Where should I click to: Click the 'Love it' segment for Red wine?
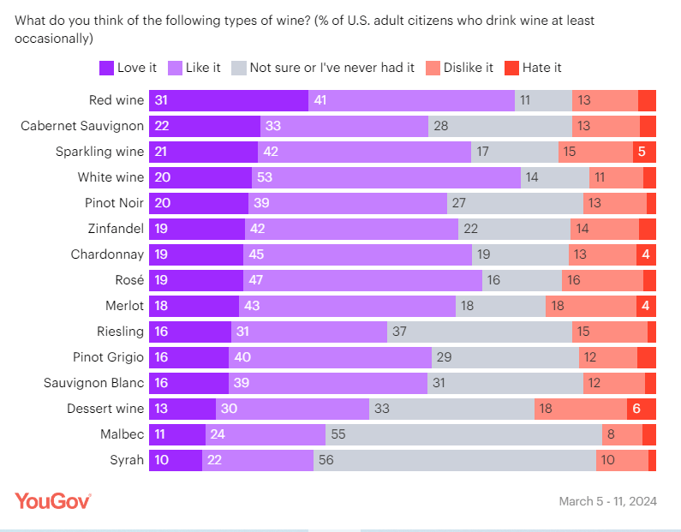click(229, 100)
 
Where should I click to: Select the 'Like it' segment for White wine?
click(386, 177)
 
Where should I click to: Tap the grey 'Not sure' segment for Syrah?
click(455, 460)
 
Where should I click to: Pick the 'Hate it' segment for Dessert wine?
click(641, 409)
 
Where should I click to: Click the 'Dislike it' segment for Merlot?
click(591, 306)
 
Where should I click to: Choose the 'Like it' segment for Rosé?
click(363, 280)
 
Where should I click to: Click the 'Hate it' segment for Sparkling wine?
click(644, 152)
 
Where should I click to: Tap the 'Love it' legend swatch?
click(106, 68)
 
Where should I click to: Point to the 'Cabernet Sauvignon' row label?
click(82, 126)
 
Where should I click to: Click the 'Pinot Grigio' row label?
click(108, 357)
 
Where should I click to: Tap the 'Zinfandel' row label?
click(116, 229)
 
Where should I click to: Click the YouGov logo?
click(53, 500)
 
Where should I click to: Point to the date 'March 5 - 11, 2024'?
click(607, 501)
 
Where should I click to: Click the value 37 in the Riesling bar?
click(400, 332)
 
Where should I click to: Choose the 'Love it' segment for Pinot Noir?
click(199, 203)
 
